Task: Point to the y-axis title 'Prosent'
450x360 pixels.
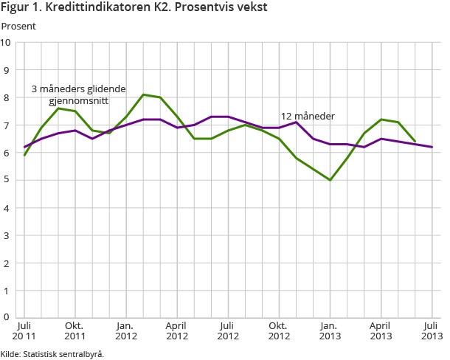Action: [18, 26]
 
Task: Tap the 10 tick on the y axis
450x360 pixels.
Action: [7, 42]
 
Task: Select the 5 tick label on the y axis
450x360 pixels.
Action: [7, 180]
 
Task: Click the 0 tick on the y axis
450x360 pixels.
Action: [7, 317]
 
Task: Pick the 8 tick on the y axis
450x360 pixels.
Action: [7, 97]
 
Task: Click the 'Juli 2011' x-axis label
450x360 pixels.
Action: [24, 330]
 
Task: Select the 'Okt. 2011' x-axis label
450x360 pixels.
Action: [75, 330]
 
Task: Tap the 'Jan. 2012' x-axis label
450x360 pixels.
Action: [126, 330]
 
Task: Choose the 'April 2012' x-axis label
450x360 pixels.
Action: [176, 330]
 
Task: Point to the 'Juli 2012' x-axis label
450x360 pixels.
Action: [227, 330]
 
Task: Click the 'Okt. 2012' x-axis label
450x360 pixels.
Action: [278, 330]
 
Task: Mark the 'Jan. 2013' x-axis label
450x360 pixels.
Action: [329, 330]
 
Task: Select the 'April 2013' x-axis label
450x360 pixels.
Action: [380, 330]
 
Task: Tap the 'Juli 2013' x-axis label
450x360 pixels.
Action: [432, 330]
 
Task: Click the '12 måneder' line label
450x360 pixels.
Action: [308, 117]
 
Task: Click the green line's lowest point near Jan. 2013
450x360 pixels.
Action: [330, 180]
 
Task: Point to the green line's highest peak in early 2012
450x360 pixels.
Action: [143, 94]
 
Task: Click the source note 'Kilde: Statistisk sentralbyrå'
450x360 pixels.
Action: [52, 353]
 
